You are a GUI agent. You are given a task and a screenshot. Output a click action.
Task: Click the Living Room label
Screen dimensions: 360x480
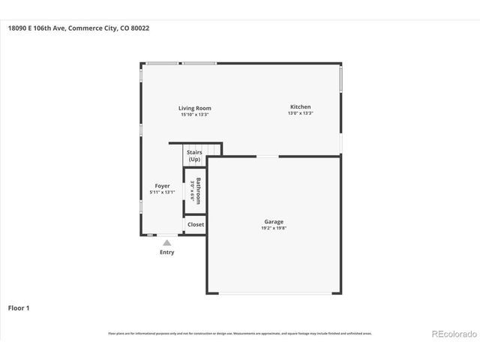tap(195, 108)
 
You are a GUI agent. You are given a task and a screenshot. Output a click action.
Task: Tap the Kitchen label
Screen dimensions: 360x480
tap(300, 107)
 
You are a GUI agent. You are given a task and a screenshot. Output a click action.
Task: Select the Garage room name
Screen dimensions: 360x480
tap(273, 222)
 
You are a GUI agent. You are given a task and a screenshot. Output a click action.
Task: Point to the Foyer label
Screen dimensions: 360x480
tap(162, 185)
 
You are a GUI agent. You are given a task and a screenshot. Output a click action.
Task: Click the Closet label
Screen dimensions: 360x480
tap(195, 224)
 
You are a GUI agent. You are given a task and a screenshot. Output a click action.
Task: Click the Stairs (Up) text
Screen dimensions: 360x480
tap(194, 156)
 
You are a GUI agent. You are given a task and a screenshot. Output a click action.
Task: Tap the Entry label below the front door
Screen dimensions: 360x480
tap(166, 252)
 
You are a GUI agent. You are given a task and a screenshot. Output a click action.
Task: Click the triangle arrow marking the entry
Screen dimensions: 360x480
tap(166, 242)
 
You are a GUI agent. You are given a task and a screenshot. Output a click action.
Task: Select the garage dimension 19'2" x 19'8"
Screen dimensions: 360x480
tap(273, 229)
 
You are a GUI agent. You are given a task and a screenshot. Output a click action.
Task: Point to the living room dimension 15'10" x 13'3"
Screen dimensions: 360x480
tap(195, 115)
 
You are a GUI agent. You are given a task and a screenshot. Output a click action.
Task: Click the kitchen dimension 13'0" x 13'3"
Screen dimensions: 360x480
tap(300, 114)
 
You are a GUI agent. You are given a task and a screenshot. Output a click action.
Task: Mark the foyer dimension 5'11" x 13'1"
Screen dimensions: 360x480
tap(162, 192)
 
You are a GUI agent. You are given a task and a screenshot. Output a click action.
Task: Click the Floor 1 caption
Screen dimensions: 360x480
tap(19, 307)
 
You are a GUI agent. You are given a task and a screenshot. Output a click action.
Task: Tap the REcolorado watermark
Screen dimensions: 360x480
tap(452, 333)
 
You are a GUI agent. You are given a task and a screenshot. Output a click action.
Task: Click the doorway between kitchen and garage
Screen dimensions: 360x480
tap(268, 157)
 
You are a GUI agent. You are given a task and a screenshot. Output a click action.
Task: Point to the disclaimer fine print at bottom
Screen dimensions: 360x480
tap(239, 333)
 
